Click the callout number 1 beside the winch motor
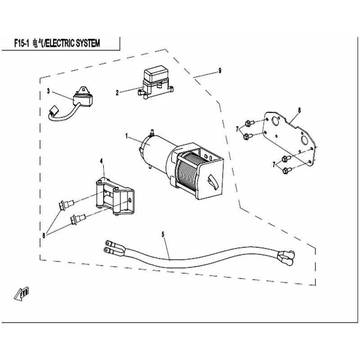point(126,136)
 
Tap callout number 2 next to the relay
point(117,93)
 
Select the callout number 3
point(48,91)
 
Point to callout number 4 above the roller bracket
point(102,161)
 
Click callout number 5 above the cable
point(163,234)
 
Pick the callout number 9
point(220,71)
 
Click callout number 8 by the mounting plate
point(299,110)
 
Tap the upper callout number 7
point(238,129)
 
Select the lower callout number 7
point(274,164)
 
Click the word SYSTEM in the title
point(88,43)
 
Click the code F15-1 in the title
point(22,43)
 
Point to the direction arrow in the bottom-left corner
point(22,293)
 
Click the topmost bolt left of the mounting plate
point(249,123)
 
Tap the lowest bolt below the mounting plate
point(287,171)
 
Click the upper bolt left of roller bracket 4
point(66,204)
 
